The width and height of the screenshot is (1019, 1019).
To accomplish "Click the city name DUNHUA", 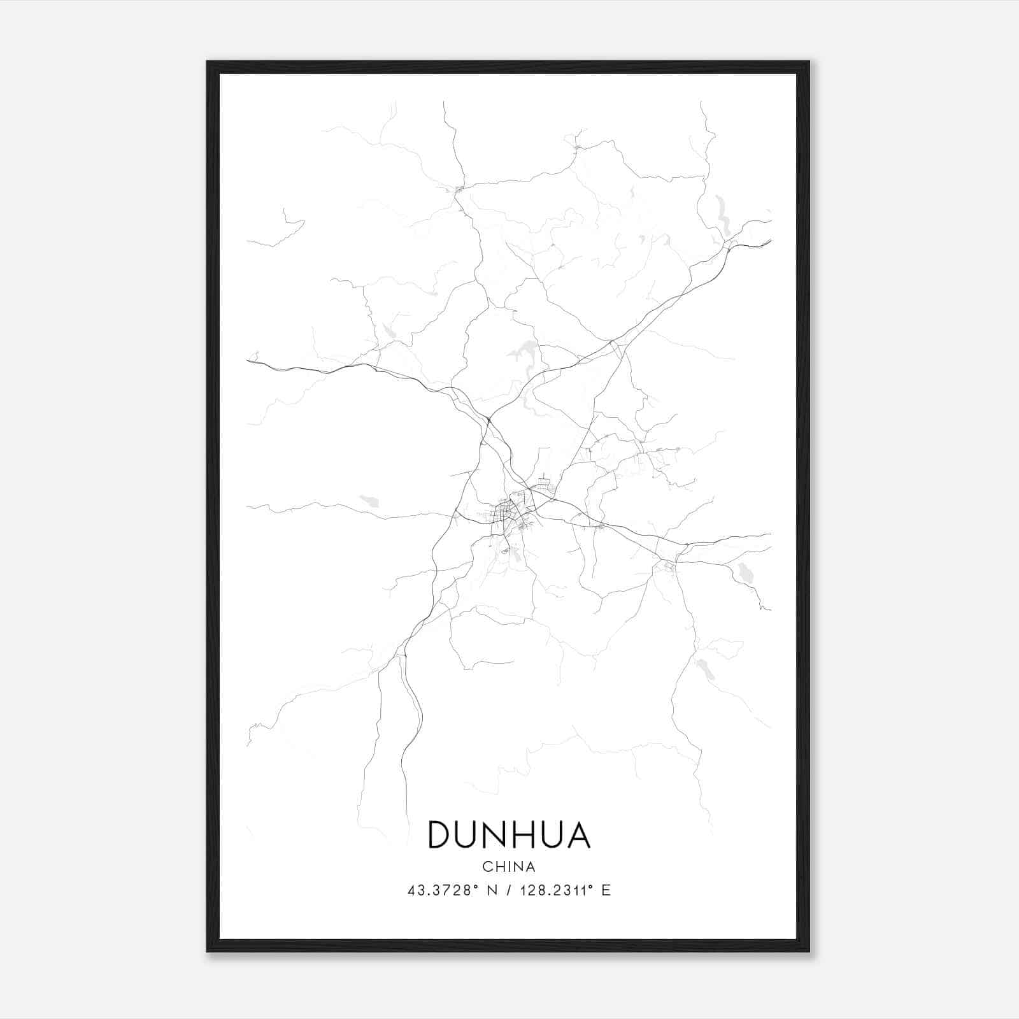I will tap(509, 835).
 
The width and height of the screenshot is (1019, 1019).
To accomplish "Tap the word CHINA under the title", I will tap(509, 867).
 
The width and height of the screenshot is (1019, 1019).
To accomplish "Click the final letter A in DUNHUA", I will tap(578, 835).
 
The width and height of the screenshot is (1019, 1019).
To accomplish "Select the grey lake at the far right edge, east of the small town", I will tap(743, 573).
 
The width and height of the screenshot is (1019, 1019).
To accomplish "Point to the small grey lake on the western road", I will tap(369, 501).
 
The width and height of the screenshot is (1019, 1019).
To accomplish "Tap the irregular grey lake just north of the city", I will tap(526, 350).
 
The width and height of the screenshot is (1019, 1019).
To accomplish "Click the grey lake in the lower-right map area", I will tap(705, 669).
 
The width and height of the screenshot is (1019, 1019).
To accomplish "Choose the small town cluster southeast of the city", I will tap(668, 564).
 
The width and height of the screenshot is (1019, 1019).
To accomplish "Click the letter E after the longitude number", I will tap(606, 891).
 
